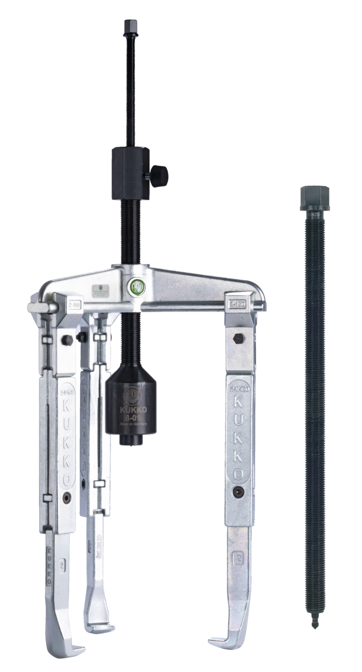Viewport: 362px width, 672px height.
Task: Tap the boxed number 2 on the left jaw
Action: click(62, 565)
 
